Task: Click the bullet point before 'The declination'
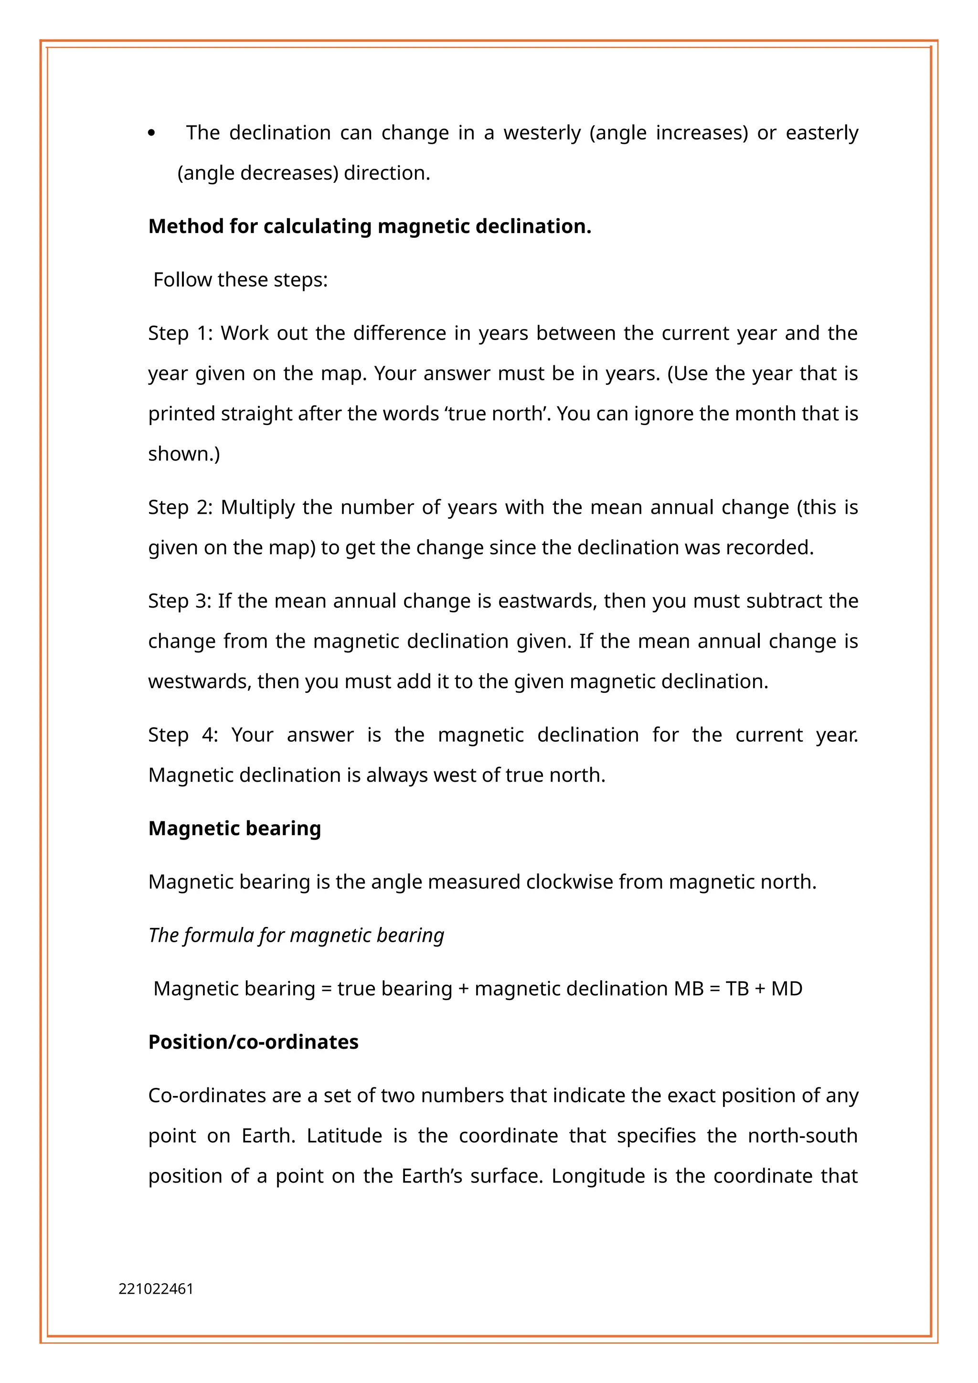151,134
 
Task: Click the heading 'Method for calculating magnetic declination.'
370,226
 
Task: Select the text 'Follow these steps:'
240,280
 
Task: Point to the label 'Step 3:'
179,601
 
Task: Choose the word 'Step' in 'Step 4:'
168,735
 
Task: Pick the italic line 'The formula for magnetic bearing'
296,936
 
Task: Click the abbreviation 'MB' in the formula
689,989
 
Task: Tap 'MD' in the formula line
787,989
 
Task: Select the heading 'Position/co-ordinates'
253,1042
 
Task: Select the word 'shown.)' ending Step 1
184,454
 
